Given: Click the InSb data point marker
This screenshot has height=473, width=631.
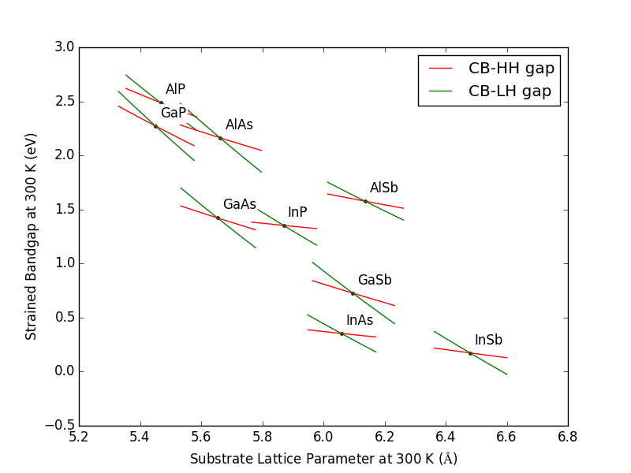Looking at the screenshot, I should click(x=470, y=353).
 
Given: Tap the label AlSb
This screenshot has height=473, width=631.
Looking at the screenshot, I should click(x=384, y=188).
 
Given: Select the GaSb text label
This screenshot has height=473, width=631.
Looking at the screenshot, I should click(x=375, y=280).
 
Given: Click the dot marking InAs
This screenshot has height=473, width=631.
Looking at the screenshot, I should click(x=342, y=333).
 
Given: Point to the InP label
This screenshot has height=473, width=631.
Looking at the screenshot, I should click(x=297, y=212).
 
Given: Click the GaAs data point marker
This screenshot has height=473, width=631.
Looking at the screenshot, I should click(x=218, y=218).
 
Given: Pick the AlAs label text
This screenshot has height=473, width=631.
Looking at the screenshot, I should click(x=239, y=125).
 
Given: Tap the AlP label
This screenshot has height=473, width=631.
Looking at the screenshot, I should click(x=175, y=89).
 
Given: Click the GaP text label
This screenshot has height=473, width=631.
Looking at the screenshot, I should click(x=174, y=113).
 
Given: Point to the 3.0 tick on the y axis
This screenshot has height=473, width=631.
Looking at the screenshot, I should click(x=65, y=47).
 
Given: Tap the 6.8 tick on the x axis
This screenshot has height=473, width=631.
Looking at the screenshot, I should click(x=568, y=436).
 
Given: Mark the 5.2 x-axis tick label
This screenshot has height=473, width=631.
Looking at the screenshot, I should click(x=79, y=436).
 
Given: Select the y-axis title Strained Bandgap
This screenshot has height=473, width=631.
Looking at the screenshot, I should click(x=32, y=236).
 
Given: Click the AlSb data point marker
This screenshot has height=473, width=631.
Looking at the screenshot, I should click(x=365, y=201).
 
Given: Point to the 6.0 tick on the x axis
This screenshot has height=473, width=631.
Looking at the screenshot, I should click(x=323, y=436).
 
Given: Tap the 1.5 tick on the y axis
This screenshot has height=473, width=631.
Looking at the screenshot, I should click(x=65, y=210).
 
